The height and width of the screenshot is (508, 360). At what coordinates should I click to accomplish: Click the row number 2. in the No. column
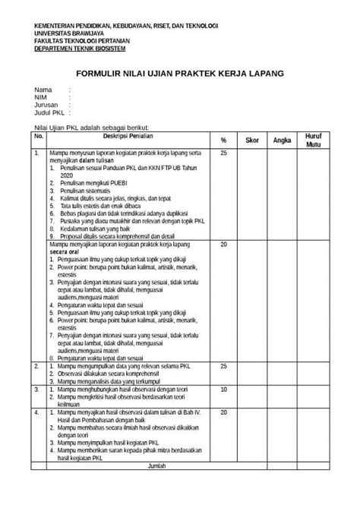coord(36,366)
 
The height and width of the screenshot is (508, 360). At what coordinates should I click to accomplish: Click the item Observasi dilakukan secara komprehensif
coord(106,374)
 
